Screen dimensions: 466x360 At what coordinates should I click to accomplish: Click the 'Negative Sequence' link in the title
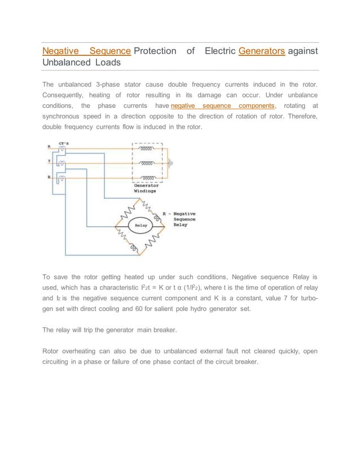point(87,51)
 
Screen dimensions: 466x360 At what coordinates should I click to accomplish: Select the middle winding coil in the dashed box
point(147,163)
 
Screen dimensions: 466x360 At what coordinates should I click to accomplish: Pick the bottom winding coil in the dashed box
point(147,177)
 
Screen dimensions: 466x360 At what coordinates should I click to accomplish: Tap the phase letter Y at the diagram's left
point(49,162)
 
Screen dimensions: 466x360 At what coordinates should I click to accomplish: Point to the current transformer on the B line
point(62,179)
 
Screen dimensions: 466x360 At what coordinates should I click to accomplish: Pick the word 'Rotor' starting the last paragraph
point(52,351)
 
